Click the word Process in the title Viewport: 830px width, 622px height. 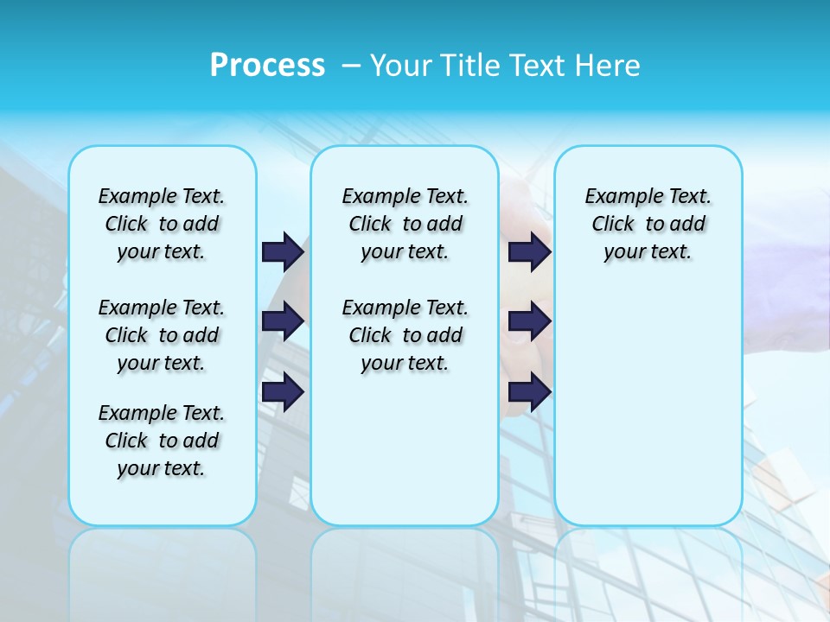pos(267,66)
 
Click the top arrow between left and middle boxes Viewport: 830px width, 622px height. pos(283,251)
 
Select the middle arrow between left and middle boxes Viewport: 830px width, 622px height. pos(283,321)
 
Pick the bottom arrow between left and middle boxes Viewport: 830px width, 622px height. pos(283,391)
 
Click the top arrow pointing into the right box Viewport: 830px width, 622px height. pos(529,251)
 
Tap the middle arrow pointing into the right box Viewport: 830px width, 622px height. pos(529,321)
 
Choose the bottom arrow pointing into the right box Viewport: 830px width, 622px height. pos(529,391)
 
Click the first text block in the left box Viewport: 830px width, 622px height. pos(162,224)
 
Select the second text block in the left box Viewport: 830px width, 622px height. pos(162,335)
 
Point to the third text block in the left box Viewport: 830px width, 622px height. pos(162,441)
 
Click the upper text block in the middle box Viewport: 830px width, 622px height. pos(405,224)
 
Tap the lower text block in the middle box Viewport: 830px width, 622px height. pos(405,335)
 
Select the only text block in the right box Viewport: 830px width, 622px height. pos(648,224)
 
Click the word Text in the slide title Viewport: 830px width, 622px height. pos(539,66)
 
